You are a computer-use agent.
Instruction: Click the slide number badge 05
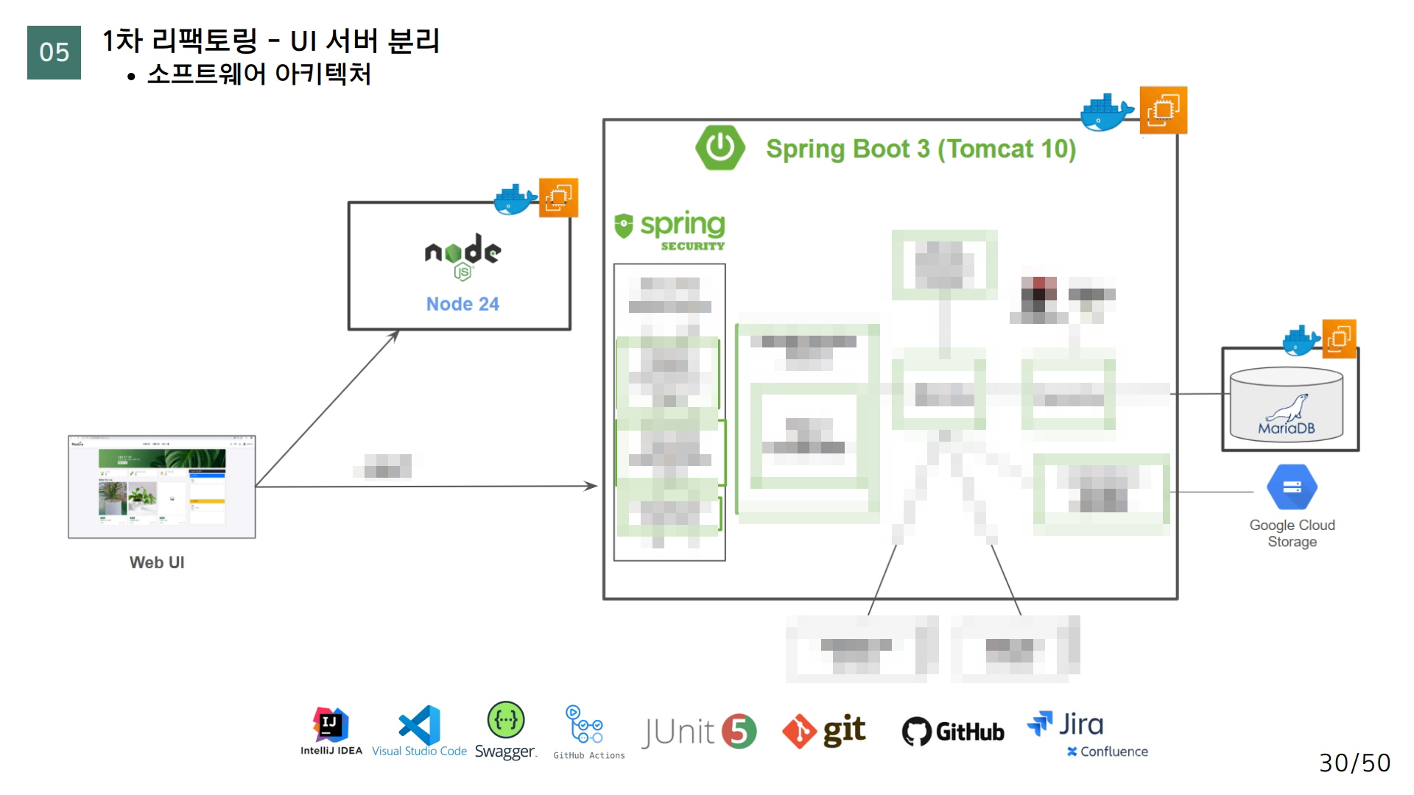[54, 52]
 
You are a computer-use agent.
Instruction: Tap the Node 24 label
[462, 304]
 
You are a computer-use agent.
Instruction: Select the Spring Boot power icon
[720, 148]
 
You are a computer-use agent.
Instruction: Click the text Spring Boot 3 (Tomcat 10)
[921, 149]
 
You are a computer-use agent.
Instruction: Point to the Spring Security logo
[670, 230]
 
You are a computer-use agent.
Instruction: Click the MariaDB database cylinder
[1287, 406]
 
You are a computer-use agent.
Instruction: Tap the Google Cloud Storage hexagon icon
[1292, 487]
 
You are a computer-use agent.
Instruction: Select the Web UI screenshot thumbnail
[162, 487]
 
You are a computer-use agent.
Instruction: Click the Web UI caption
[157, 562]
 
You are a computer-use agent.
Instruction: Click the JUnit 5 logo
[698, 732]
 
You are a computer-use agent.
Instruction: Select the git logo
[823, 731]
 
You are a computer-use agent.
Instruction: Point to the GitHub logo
[953, 732]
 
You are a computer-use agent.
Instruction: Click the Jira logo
[1066, 725]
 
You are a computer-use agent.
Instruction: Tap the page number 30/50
[1354, 763]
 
